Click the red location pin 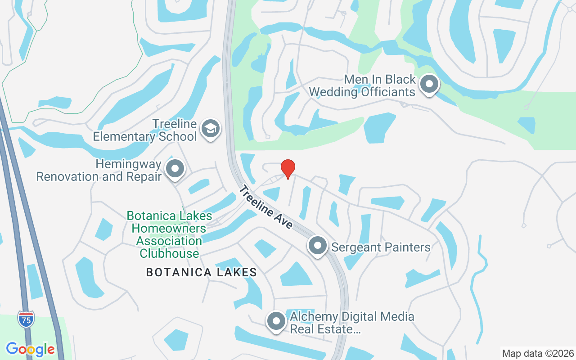click(x=288, y=169)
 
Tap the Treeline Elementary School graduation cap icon click(x=210, y=129)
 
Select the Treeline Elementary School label click(x=145, y=130)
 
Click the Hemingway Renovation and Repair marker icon click(x=175, y=170)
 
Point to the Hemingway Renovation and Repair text click(x=99, y=171)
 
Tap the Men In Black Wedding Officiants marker click(x=429, y=84)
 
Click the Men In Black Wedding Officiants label click(x=362, y=86)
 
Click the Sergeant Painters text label click(x=381, y=247)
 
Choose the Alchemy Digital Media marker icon click(x=276, y=321)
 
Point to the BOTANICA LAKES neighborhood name click(x=202, y=272)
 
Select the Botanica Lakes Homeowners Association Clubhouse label click(x=169, y=234)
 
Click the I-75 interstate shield click(x=26, y=319)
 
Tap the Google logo click(x=31, y=349)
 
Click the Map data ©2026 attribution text click(x=538, y=353)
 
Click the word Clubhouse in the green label click(x=169, y=253)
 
